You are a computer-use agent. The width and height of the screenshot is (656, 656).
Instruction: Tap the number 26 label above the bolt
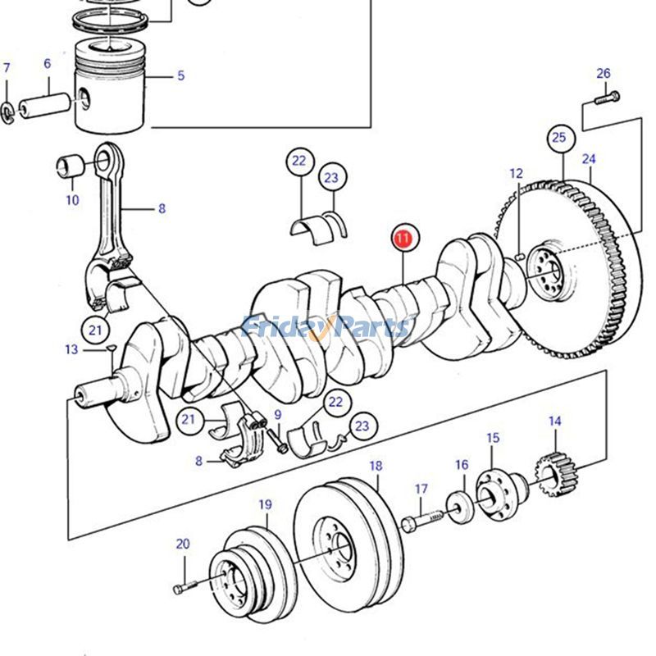tap(604, 74)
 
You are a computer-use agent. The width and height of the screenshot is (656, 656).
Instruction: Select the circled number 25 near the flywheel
tap(558, 138)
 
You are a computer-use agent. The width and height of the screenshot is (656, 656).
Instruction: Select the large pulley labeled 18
tap(347, 544)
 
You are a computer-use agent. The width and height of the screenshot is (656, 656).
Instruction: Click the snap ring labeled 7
tap(7, 110)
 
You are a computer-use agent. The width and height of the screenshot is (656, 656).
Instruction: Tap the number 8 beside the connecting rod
tap(162, 209)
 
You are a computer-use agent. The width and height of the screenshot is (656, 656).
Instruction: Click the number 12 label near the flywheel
tap(516, 173)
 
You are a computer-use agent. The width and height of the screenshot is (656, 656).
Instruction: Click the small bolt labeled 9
tap(280, 445)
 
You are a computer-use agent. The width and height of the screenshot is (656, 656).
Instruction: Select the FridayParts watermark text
tap(328, 327)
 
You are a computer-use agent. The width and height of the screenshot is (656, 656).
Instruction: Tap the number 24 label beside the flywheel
tap(589, 158)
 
